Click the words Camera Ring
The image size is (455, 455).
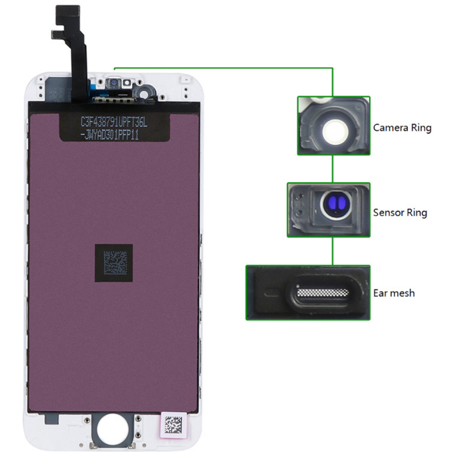pos(402,128)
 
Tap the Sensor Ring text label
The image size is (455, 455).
pos(400,212)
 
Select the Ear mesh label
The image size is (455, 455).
pos(394,293)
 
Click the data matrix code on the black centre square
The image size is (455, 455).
pos(114,263)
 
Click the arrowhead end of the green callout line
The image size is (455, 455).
pos(115,68)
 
